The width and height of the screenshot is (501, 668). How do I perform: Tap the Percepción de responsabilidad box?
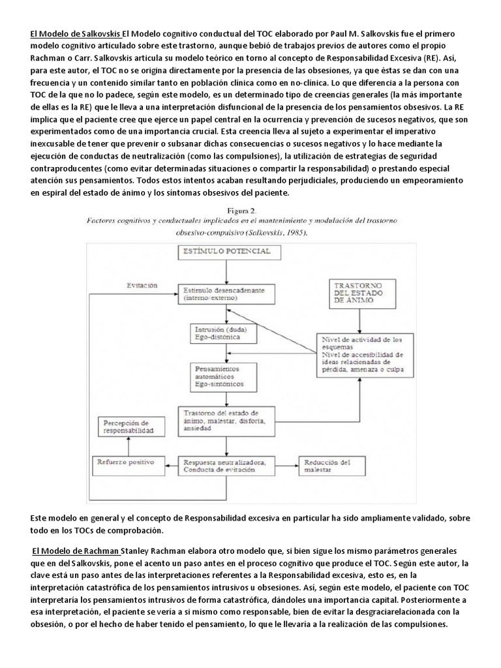(x=129, y=427)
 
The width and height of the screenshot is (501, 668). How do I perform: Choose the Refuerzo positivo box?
(x=129, y=461)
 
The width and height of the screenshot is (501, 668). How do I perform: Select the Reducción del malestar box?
(x=332, y=464)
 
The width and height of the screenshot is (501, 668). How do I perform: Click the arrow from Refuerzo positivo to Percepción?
(x=129, y=446)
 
